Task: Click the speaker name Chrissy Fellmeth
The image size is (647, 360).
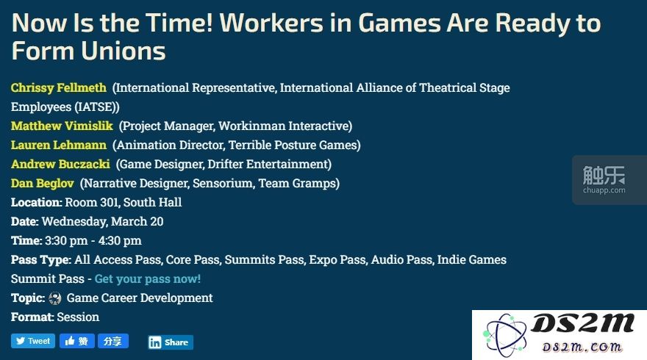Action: coord(59,88)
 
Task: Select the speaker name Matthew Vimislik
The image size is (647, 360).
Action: coord(62,126)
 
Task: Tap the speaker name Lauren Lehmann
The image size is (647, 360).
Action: coord(59,145)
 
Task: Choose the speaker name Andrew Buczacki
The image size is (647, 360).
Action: coord(60,164)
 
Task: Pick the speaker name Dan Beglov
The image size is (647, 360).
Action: coord(43,183)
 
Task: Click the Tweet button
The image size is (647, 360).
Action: coord(33,341)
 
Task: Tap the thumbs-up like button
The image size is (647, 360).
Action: coord(76,341)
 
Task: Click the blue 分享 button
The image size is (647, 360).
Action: coord(113,341)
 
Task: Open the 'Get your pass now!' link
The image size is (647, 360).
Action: coord(148,278)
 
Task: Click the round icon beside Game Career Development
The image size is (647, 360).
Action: coord(55,298)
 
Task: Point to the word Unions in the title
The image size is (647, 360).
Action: coord(124,51)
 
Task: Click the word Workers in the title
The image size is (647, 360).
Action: coord(271,23)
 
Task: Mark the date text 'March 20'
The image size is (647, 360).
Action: coord(137,221)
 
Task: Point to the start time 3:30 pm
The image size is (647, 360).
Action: coord(66,240)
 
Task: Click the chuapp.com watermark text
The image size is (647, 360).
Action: coord(604,190)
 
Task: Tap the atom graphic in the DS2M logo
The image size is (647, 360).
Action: coord(506,334)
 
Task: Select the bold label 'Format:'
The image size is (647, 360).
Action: coord(32,317)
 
